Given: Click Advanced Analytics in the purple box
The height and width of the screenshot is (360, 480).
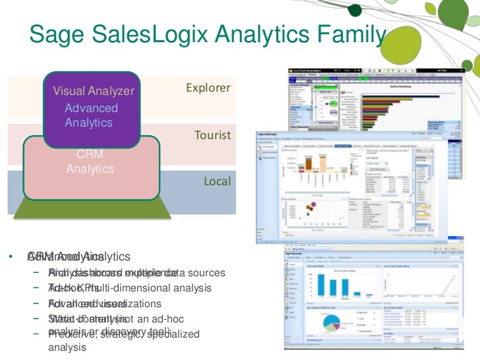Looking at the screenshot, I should [92, 115].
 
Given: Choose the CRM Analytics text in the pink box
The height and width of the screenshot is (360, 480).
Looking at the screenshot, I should [90, 162].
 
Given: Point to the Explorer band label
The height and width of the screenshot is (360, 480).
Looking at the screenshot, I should [208, 88].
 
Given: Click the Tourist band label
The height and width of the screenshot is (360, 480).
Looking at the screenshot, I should [212, 135].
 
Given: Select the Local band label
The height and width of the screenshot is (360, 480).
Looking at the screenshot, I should [218, 181].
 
